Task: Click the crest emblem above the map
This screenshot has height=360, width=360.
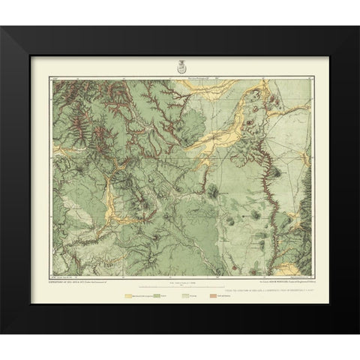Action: coord(179,67)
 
